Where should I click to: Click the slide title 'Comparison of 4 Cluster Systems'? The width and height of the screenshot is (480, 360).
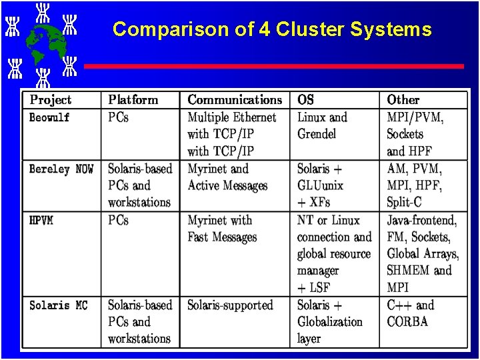click(x=272, y=29)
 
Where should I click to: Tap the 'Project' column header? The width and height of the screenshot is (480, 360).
click(x=51, y=100)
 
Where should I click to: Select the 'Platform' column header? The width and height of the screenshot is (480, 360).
click(x=133, y=100)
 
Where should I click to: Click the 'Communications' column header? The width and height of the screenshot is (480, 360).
click(x=235, y=100)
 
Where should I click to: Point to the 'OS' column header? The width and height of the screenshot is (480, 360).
click(x=305, y=100)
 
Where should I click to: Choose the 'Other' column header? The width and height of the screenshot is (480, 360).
click(x=403, y=100)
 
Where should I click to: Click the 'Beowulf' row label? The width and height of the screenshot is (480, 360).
click(x=49, y=117)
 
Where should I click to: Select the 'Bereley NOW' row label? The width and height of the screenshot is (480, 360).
click(x=61, y=169)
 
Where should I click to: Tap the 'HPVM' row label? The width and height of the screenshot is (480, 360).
click(x=41, y=221)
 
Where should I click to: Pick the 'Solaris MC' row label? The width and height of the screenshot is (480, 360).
click(x=58, y=305)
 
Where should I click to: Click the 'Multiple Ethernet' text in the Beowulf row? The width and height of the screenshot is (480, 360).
click(x=231, y=117)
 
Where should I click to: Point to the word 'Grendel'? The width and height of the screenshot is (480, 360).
click(x=317, y=134)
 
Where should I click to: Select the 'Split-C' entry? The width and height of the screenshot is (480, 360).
click(x=404, y=203)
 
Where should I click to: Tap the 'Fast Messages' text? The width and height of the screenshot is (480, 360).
click(x=222, y=237)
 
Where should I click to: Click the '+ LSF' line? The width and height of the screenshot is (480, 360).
click(x=313, y=288)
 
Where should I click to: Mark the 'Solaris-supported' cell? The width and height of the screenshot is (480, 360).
click(x=230, y=305)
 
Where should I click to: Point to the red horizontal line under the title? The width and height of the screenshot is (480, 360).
click(x=273, y=67)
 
